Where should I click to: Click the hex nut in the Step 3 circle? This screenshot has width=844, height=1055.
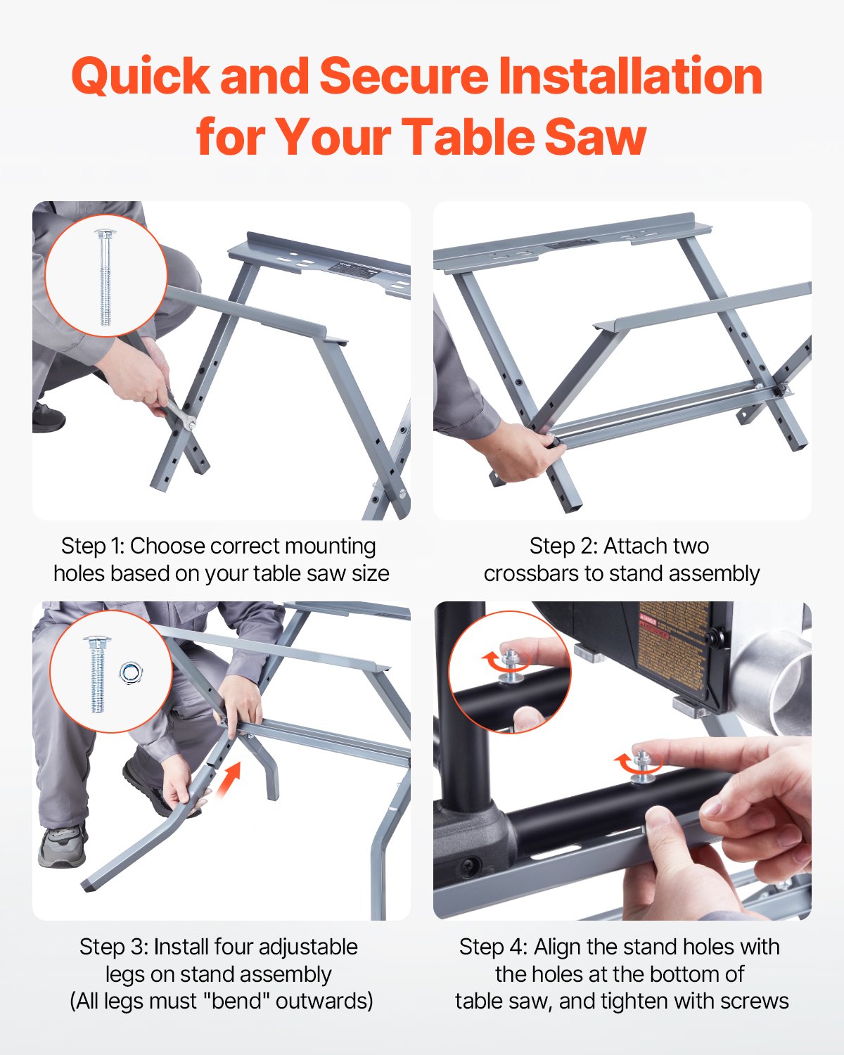tap(130, 673)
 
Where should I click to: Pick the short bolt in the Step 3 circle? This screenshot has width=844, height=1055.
tap(97, 674)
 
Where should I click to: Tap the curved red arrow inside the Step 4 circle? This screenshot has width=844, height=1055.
tap(492, 661)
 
